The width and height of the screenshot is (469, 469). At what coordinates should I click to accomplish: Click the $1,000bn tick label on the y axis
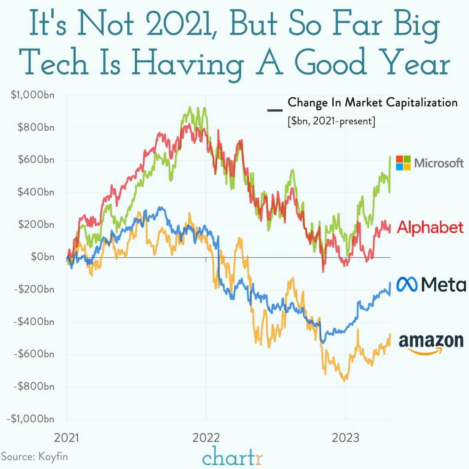[x=33, y=95]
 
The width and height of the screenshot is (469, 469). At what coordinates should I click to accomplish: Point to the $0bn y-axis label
[x=43, y=257]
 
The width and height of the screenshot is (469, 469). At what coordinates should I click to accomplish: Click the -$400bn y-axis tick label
[x=34, y=322]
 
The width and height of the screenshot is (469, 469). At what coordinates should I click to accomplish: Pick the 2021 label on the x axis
[x=66, y=437]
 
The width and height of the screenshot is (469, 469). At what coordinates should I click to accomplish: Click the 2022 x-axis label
[x=206, y=437]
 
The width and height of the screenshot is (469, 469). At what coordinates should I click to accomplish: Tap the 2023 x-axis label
[x=345, y=437]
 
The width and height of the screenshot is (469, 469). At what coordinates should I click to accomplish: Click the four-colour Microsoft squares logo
[x=403, y=163]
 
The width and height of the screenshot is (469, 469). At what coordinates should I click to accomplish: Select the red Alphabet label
[x=430, y=227]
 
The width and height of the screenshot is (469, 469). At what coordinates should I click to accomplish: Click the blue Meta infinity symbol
[x=408, y=284]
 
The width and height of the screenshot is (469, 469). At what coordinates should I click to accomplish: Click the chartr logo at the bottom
[x=233, y=457]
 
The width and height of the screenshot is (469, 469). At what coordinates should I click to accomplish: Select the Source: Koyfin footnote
[x=32, y=456]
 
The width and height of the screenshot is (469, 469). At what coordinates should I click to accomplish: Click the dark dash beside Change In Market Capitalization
[x=274, y=110]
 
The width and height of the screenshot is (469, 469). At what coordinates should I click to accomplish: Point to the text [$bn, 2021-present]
[x=331, y=121]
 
